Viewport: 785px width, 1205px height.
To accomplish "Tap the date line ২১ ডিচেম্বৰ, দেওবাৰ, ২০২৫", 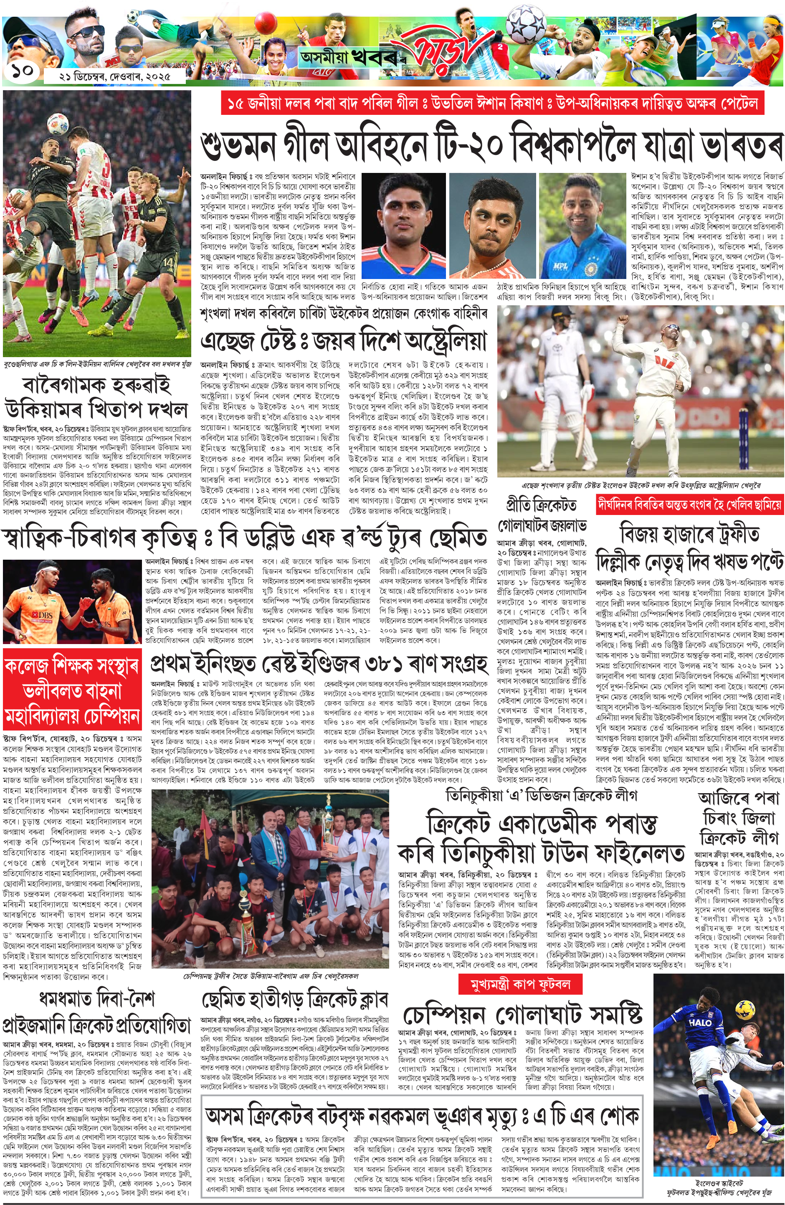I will point(115,77).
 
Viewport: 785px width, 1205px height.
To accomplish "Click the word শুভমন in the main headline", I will point(238,145).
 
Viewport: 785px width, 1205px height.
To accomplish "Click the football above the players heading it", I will point(58,124).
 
